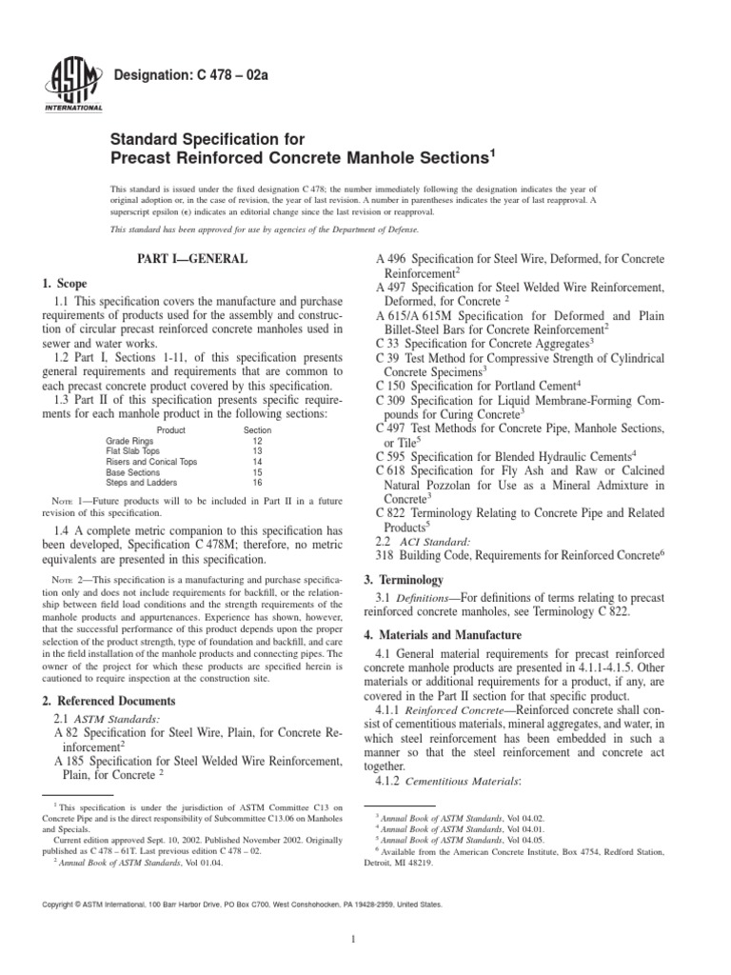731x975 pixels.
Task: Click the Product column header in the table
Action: tap(170, 430)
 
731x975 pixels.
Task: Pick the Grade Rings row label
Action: tap(127, 441)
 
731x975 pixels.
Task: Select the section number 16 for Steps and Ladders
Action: tap(256, 483)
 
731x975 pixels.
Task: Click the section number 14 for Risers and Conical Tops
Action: tap(256, 462)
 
